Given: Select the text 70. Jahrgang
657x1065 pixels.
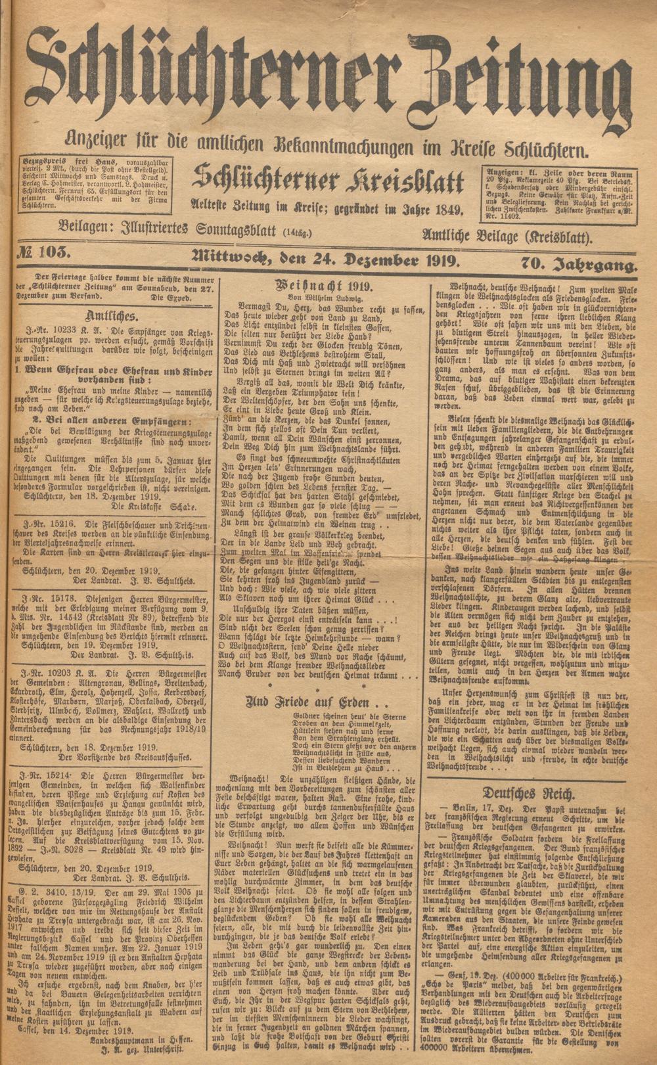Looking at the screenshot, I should tap(579, 266).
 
